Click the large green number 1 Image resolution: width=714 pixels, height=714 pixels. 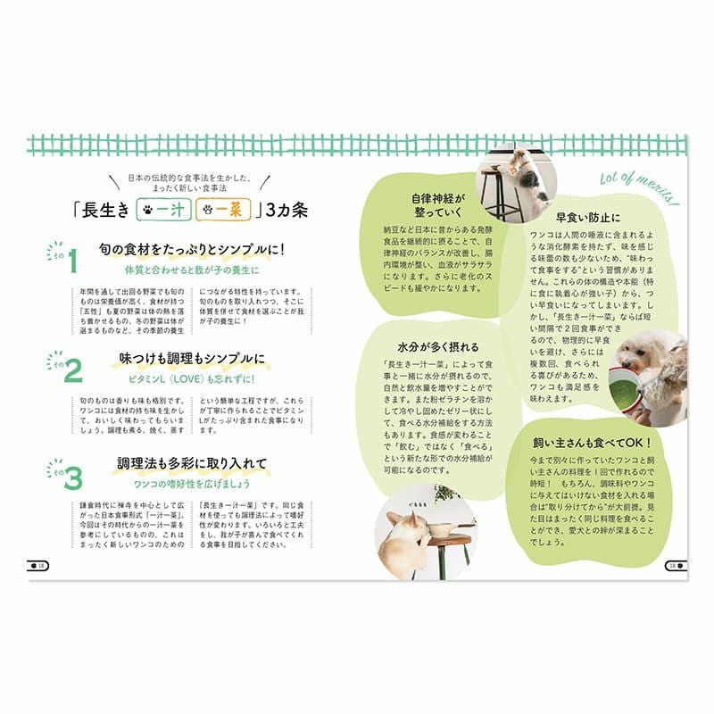point(74,263)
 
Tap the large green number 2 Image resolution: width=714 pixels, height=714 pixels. point(73,370)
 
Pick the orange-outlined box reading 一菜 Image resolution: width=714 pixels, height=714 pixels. point(220,212)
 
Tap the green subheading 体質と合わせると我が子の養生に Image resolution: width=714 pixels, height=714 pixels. point(193,269)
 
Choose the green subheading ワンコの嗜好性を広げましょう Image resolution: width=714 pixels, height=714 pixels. point(193,483)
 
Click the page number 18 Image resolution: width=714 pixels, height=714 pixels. point(38,564)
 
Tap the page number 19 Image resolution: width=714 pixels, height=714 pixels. point(676,564)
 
